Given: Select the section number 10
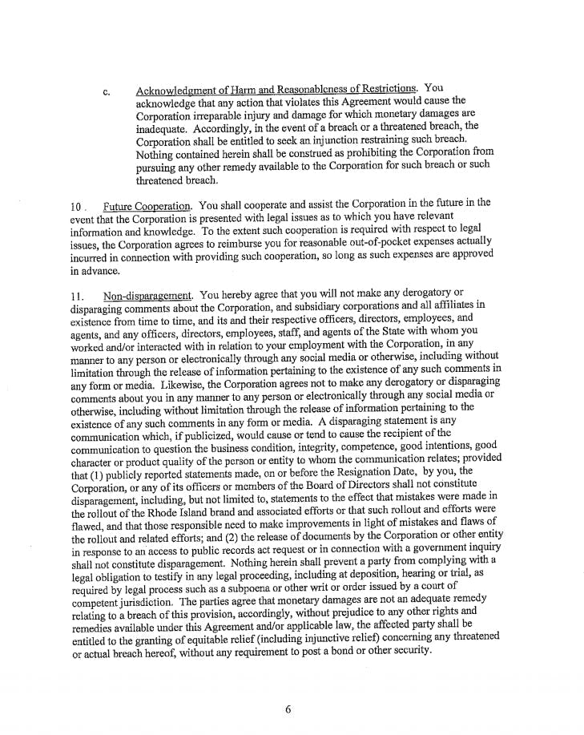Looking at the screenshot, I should point(75,208).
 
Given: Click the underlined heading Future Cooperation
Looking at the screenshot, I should point(147,208).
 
